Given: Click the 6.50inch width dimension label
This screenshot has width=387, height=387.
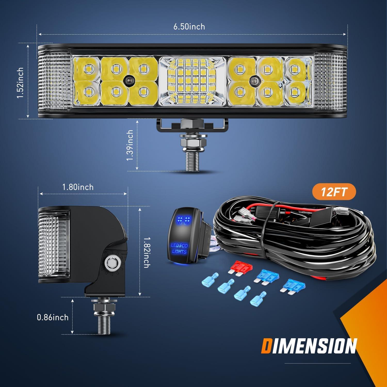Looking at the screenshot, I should [189, 27].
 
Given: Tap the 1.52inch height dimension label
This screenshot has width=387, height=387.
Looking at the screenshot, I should [20, 83].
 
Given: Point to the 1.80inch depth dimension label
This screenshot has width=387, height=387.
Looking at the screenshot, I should [78, 187].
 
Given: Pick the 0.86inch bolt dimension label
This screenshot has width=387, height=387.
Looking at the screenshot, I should [53, 317].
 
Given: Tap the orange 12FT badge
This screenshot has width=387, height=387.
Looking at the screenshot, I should [334, 192].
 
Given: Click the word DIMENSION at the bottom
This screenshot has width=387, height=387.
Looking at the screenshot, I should [309, 346].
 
